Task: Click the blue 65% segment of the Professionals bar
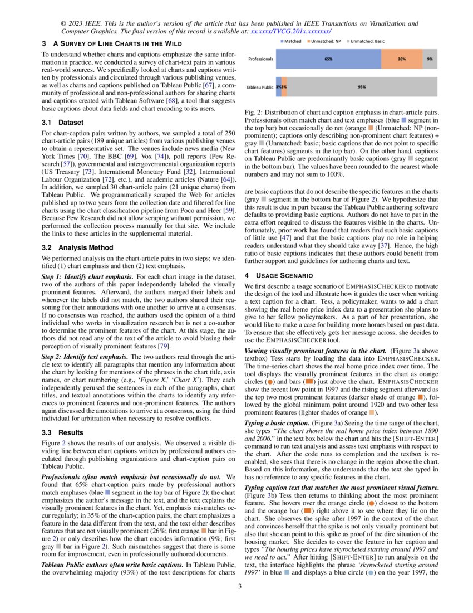pos(328,59)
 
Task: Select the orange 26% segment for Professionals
pos(401,59)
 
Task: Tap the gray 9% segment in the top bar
pos(430,59)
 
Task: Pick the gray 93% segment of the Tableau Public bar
pos(362,87)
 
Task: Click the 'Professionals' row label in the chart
pos(260,59)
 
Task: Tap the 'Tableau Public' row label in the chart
pos(259,87)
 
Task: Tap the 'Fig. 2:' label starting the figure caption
pos(254,113)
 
